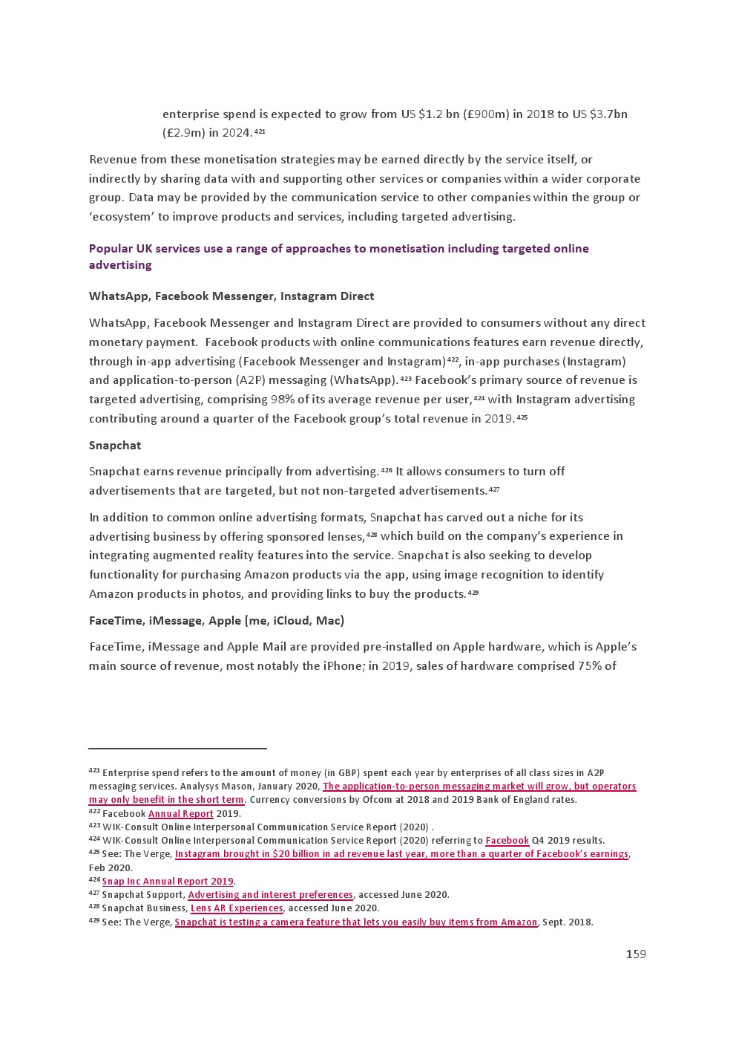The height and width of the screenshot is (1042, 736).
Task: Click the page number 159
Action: coord(636,954)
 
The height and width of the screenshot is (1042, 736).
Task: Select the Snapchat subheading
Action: coord(115,446)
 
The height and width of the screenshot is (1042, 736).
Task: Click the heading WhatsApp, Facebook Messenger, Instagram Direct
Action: coord(231,296)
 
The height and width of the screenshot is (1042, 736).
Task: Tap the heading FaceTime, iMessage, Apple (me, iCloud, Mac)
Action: coord(217,621)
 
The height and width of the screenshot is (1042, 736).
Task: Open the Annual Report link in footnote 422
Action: coord(180,814)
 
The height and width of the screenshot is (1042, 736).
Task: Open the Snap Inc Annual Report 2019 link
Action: coord(168,882)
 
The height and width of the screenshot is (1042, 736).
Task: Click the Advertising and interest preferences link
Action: coord(270,895)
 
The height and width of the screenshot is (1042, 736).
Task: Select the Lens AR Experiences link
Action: coord(237,908)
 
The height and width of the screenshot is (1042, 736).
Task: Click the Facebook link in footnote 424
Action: coord(507,841)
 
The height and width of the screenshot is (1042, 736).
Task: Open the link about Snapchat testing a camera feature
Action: coord(355,922)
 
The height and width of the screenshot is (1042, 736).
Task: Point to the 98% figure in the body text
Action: coord(283,400)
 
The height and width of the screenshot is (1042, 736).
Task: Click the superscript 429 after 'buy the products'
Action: coord(473,593)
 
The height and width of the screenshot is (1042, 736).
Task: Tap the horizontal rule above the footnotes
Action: coord(177,749)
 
